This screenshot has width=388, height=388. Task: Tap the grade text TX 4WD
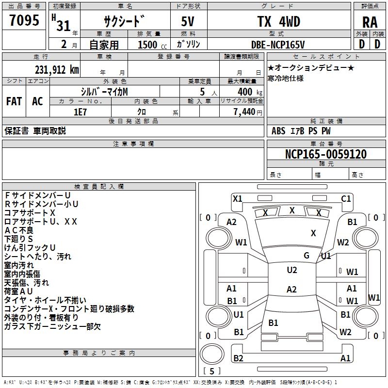click(278, 21)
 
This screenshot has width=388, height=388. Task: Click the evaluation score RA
click(370, 22)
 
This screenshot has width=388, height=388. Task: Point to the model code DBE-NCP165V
click(278, 45)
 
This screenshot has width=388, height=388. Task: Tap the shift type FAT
click(14, 101)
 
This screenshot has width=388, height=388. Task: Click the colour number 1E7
click(80, 111)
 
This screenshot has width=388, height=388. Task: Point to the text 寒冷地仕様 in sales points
click(285, 78)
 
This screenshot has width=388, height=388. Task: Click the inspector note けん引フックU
click(30, 247)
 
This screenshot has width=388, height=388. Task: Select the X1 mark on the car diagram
click(237, 198)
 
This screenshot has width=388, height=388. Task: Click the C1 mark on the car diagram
click(346, 198)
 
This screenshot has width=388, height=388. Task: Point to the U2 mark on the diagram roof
click(291, 270)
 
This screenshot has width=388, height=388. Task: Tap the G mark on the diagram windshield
click(307, 256)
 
